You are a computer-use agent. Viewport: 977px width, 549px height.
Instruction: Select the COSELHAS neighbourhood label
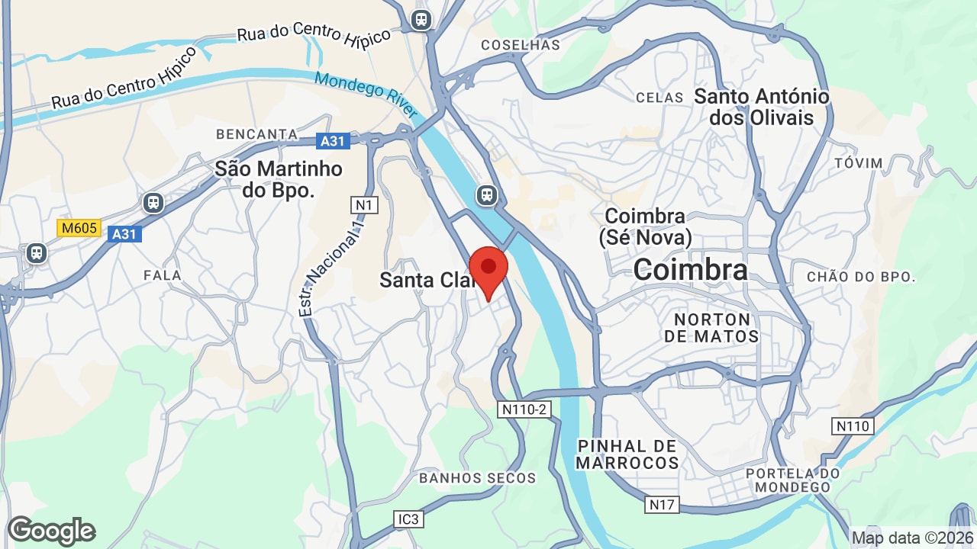coord(521,45)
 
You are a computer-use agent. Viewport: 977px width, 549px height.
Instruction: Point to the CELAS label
coord(659,98)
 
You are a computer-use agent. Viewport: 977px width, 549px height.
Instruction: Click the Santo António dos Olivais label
coord(761,107)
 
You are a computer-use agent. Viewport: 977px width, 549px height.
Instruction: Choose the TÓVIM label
coord(859,163)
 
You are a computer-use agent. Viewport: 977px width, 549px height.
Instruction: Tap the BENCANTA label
coord(256,134)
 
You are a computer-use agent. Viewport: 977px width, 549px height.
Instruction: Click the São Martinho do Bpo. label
coord(279,179)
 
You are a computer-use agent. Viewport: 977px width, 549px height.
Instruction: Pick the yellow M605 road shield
coord(79,227)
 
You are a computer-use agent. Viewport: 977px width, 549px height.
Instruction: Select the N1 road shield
coord(364,204)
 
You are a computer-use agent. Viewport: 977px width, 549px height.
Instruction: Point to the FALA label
coord(163,275)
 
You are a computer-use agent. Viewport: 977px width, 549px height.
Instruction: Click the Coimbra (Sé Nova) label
coord(645,226)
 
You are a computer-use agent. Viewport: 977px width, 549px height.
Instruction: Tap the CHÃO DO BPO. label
coord(860,277)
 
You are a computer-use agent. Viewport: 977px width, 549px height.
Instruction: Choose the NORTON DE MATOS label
coord(711,328)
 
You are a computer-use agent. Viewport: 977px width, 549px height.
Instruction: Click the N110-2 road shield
coord(524,409)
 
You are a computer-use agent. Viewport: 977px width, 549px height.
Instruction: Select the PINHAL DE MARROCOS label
coord(627,454)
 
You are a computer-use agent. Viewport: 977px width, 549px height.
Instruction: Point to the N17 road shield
coord(661,504)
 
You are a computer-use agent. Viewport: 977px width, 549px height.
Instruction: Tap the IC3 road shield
coord(408,519)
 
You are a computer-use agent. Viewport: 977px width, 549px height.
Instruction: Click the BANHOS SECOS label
coord(478,478)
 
